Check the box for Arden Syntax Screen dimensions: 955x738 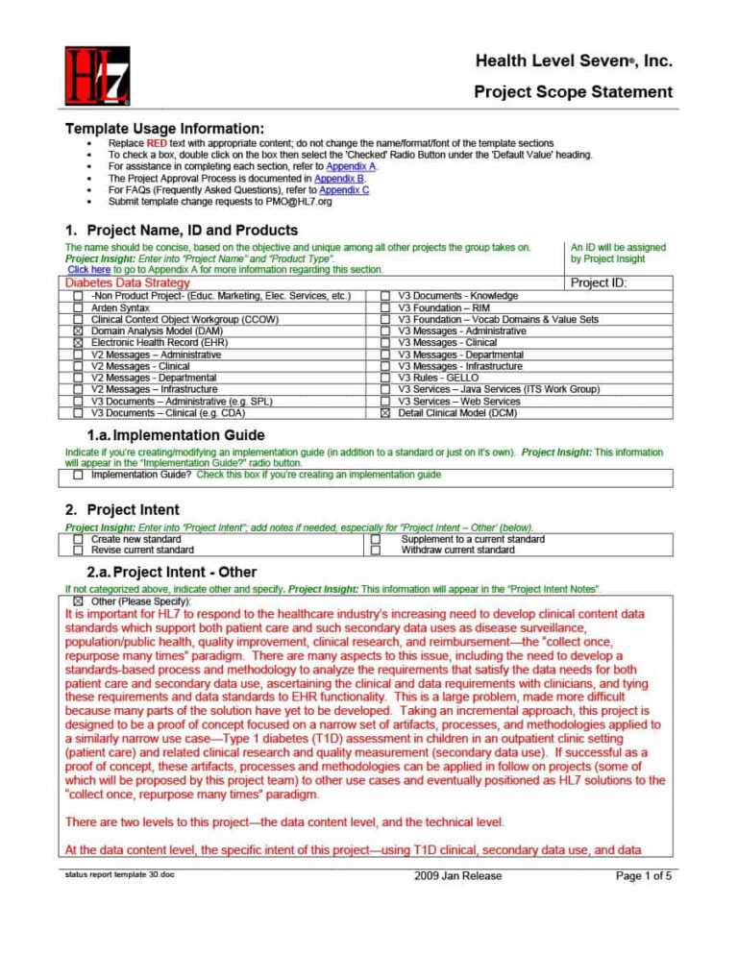(78, 307)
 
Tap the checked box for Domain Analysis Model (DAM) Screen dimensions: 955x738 (78, 331)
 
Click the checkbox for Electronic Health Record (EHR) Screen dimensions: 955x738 (78, 342)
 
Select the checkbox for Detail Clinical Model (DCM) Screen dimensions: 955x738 (384, 413)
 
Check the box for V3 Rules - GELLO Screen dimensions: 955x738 (384, 378)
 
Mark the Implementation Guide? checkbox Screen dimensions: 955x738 (78, 474)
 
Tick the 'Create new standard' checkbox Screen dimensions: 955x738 (78, 540)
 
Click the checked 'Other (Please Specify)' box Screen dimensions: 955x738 (78, 600)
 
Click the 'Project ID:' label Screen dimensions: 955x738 (598, 283)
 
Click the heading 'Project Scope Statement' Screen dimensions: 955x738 (573, 92)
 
